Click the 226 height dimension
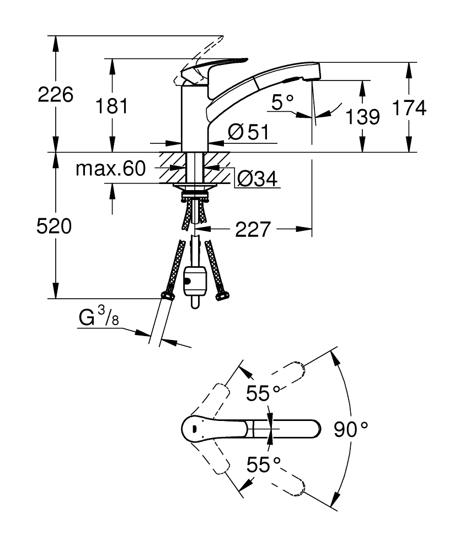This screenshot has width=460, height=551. pyautogui.click(x=55, y=95)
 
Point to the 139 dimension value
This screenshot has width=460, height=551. pyautogui.click(x=362, y=116)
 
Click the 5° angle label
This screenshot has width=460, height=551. pyautogui.click(x=284, y=102)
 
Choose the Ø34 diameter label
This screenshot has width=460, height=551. pyautogui.click(x=256, y=178)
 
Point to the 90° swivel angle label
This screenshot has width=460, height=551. pyautogui.click(x=351, y=429)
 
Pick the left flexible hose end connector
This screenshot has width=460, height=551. pyautogui.click(x=167, y=296)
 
